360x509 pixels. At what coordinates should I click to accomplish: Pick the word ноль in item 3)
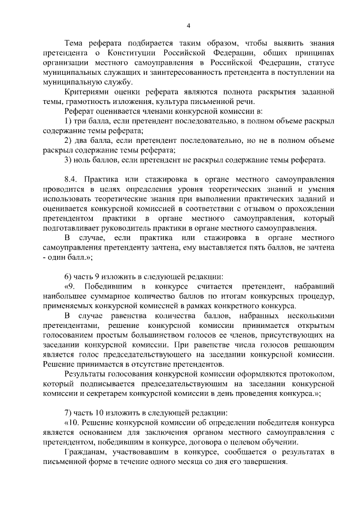click(84, 160)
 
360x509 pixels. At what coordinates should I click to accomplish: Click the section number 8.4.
click(72, 179)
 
